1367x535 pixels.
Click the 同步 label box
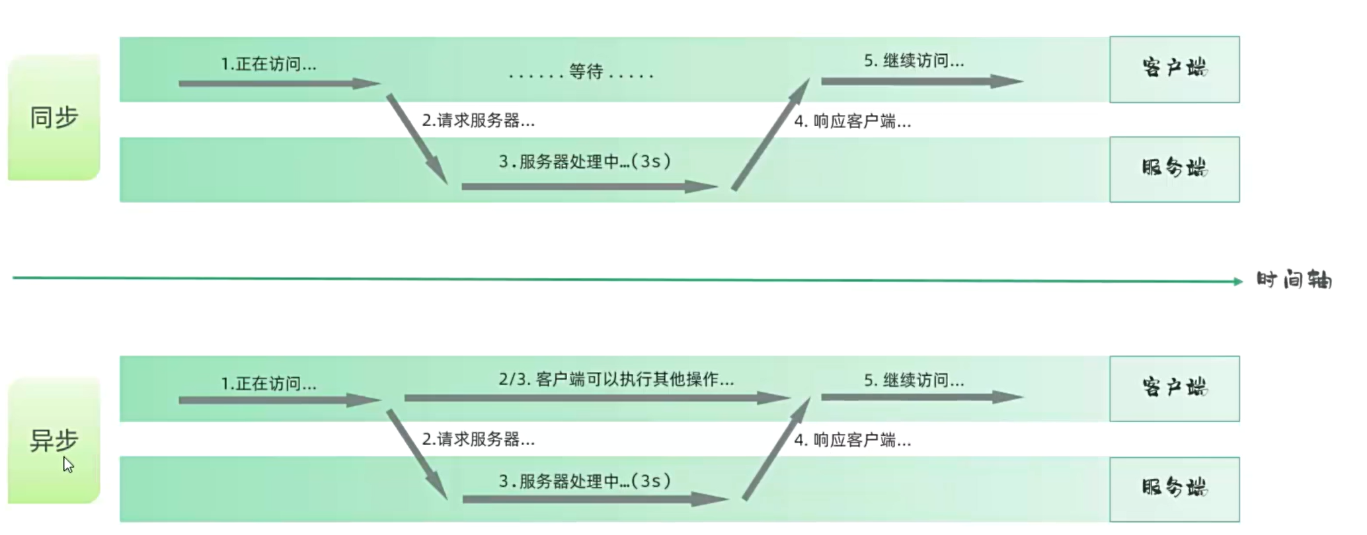(x=54, y=118)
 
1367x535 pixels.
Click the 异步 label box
(x=54, y=441)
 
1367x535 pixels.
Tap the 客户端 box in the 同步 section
(x=1174, y=69)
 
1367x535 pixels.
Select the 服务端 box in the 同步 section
(x=1174, y=169)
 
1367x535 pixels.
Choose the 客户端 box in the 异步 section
(x=1174, y=388)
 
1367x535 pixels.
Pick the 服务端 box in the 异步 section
(x=1174, y=489)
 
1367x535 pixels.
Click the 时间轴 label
(x=1294, y=280)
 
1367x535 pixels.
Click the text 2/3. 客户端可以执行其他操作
(x=616, y=380)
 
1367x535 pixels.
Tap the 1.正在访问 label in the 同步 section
(x=268, y=64)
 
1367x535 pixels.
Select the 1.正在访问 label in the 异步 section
(x=268, y=384)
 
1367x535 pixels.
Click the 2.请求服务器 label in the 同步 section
(x=479, y=121)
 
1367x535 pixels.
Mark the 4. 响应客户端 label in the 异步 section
(x=853, y=440)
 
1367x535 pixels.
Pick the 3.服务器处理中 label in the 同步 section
(x=585, y=162)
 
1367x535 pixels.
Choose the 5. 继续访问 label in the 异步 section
(x=914, y=380)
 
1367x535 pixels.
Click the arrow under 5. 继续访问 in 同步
(x=921, y=81)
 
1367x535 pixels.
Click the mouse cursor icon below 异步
(x=68, y=464)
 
